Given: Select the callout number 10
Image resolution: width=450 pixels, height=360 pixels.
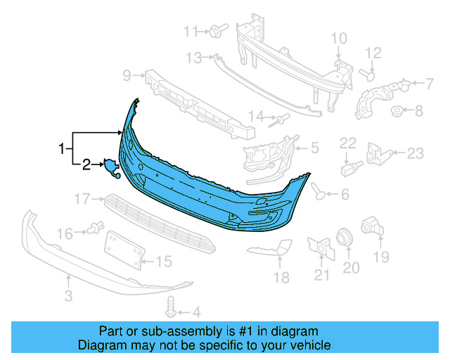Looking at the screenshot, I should (338, 38).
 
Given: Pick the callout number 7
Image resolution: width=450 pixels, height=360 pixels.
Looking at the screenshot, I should (428, 84).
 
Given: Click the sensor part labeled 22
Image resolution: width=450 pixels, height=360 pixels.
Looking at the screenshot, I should (349, 169).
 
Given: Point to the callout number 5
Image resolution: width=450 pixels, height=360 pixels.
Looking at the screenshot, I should (314, 148).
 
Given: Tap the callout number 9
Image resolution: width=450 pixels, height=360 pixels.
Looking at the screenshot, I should (127, 75).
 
